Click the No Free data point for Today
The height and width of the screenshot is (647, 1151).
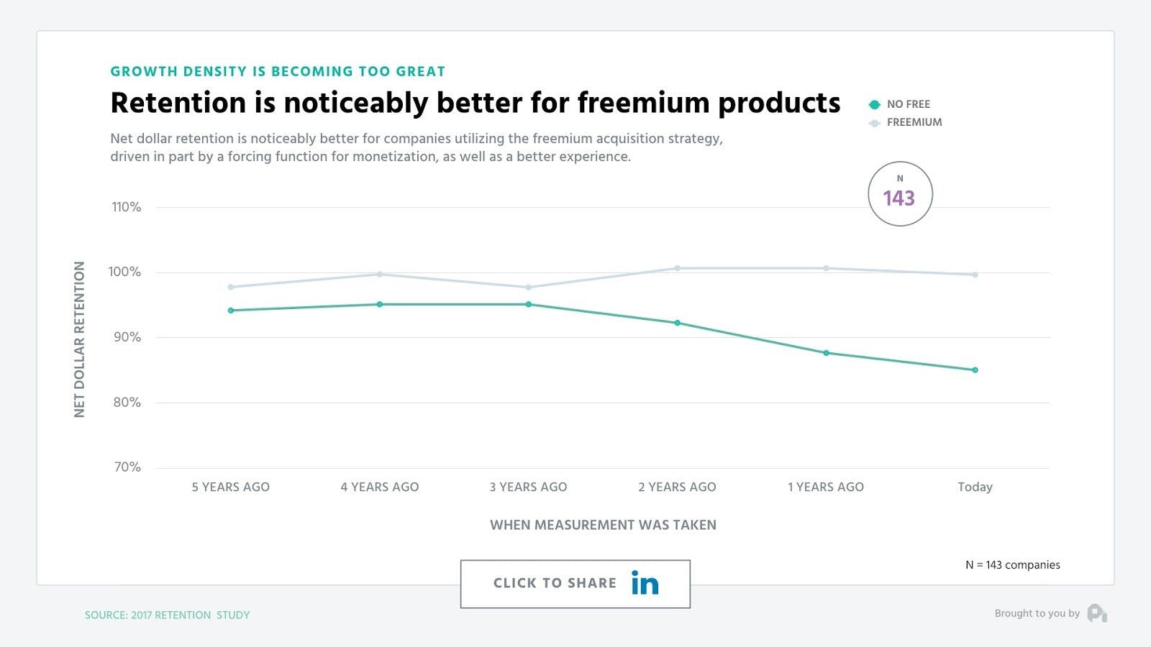tap(975, 370)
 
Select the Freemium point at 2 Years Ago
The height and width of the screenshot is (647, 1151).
tap(677, 268)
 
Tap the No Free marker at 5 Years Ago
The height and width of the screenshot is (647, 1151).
tap(231, 311)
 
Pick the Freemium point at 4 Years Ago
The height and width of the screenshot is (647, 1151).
tap(380, 274)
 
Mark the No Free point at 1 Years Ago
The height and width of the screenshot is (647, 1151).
tap(826, 353)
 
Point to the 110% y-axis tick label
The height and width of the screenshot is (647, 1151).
tap(127, 207)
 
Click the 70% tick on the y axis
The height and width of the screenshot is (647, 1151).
tap(127, 467)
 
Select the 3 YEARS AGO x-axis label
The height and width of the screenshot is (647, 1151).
tap(528, 487)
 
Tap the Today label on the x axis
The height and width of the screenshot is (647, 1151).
tap(975, 487)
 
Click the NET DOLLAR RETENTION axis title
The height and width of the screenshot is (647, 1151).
tap(79, 339)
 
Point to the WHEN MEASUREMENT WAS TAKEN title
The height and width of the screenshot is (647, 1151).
tap(603, 525)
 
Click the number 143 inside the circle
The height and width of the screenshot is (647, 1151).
tap(898, 198)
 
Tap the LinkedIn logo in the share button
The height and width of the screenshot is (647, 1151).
tap(645, 583)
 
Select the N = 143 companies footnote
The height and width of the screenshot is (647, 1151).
tap(1012, 565)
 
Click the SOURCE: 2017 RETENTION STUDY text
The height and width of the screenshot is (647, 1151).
tap(167, 615)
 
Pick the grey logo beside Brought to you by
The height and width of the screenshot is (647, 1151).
tap(1097, 613)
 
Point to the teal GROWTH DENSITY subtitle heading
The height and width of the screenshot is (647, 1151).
tap(278, 71)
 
